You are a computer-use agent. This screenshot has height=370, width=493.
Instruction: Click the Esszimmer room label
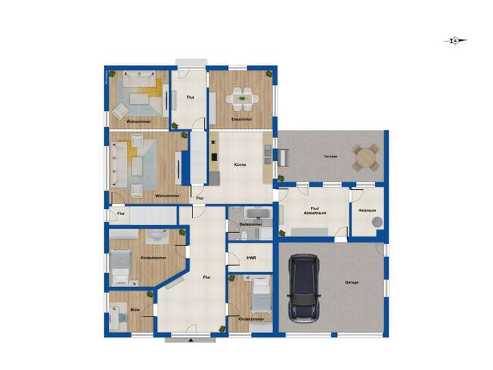(242, 119)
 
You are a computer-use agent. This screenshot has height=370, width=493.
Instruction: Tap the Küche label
(240, 164)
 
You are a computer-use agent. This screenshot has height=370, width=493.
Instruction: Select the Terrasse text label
(331, 157)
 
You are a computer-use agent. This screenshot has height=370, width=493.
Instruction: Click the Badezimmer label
(251, 224)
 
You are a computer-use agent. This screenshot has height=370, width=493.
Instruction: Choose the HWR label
(251, 258)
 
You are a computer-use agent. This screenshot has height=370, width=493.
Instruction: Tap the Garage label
(352, 282)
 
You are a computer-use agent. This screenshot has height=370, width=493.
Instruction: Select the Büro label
(135, 310)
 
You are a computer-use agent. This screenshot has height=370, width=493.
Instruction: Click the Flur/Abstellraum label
(315, 210)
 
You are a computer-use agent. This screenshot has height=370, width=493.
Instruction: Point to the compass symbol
(455, 40)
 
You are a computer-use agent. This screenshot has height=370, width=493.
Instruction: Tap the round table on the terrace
(365, 157)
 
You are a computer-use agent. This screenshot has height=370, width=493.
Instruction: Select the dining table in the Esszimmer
(242, 98)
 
